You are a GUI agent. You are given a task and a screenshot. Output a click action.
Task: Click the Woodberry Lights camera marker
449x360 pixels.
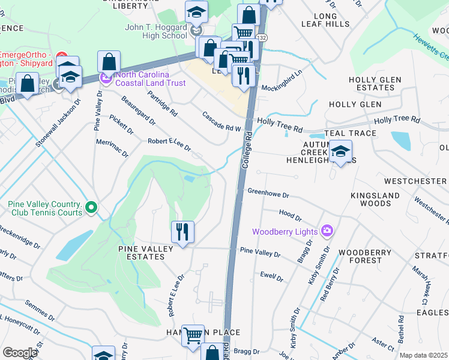(327, 230)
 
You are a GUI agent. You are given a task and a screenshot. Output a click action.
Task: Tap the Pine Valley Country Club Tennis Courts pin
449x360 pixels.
(91, 208)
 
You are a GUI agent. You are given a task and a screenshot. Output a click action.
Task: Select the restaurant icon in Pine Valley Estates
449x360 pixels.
(181, 232)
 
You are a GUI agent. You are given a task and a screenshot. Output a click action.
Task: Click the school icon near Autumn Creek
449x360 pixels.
(340, 152)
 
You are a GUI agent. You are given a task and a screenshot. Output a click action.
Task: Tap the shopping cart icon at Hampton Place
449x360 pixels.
(193, 337)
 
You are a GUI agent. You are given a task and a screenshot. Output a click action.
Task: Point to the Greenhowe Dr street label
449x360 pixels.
(268, 194)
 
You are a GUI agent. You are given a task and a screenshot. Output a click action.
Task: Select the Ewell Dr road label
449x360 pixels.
(272, 277)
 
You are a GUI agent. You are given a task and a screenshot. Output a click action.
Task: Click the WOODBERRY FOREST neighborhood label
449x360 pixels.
(360, 256)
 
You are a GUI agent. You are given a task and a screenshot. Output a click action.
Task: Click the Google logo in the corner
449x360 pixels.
(19, 353)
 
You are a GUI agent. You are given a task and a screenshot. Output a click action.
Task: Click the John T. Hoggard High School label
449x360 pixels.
(156, 31)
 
